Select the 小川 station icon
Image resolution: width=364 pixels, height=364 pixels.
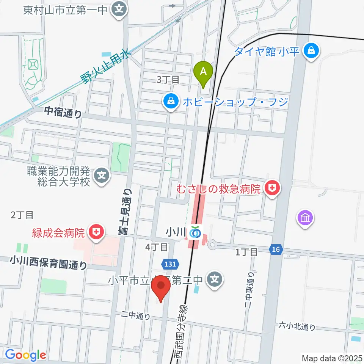pyautogui.click(x=195, y=232)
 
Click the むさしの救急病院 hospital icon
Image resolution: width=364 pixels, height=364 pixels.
pyautogui.click(x=271, y=188)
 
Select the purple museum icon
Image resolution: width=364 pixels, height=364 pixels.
pyautogui.click(x=306, y=218)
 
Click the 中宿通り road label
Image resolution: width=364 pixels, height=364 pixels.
pyautogui.click(x=63, y=112)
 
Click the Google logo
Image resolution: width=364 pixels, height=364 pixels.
pyautogui.click(x=25, y=355)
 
